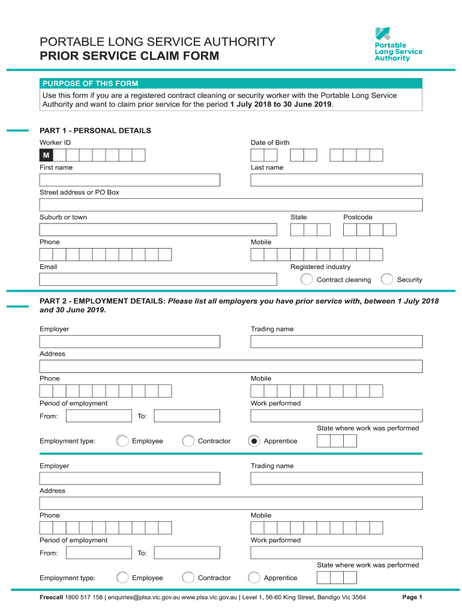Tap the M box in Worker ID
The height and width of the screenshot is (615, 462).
46,156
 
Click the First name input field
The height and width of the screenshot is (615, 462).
130,180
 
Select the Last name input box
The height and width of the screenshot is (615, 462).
337,180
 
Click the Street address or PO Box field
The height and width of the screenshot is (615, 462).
231,205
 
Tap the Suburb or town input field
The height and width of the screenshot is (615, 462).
158,229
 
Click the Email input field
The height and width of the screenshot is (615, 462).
158,279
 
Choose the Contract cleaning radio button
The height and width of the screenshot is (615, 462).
307,279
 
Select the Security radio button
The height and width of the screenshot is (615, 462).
388,279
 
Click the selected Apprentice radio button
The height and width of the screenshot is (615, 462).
254,441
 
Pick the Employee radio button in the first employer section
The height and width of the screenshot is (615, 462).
122,441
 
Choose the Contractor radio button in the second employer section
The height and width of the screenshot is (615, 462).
188,578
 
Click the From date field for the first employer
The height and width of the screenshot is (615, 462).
98,416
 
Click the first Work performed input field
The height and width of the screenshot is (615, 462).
337,416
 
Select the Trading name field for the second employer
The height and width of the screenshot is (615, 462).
337,478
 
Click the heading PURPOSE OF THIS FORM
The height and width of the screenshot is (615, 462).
89,83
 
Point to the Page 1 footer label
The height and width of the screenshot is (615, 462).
412,598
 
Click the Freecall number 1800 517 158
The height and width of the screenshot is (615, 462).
83,598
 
